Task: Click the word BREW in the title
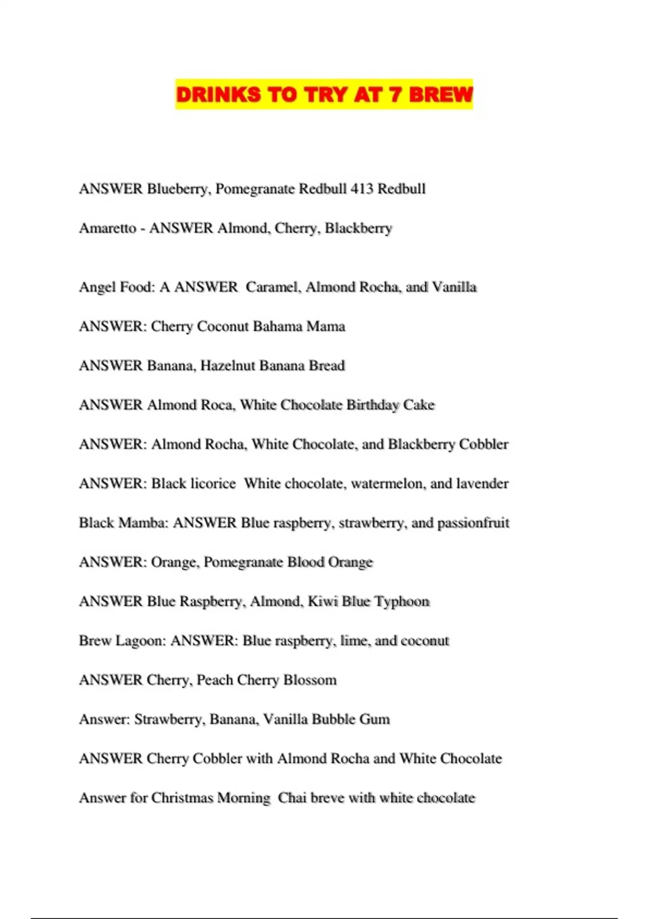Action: pyautogui.click(x=440, y=95)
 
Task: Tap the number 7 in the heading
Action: pyautogui.click(x=395, y=95)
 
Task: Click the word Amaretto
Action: pyautogui.click(x=108, y=228)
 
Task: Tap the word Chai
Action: pyautogui.click(x=292, y=798)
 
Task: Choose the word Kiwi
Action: pyautogui.click(x=323, y=602)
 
